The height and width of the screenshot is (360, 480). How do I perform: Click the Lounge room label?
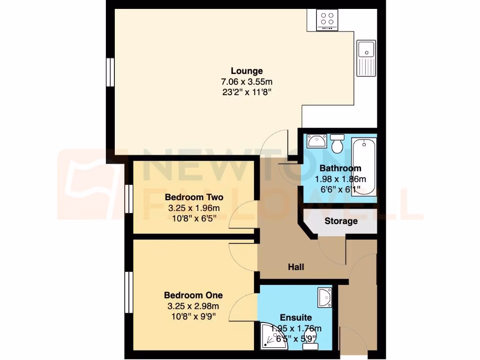tap(247, 71)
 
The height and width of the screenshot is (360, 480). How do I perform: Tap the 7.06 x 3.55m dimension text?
tap(247, 82)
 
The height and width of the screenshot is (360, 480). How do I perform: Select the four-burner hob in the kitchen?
tap(328, 19)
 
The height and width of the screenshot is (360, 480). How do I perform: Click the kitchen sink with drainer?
tap(366, 58)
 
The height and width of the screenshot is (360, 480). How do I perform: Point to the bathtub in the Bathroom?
tap(364, 166)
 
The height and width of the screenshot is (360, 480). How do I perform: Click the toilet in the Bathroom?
tap(337, 143)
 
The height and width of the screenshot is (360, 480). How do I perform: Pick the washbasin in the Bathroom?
tap(316, 141)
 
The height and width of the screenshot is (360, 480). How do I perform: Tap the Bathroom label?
tap(340, 168)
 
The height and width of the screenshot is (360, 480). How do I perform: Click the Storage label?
tap(341, 221)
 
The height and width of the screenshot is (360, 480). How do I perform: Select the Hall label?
tap(296, 267)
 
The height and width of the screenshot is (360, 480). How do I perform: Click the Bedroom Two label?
tap(194, 197)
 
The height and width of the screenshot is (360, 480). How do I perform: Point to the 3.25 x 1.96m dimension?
tap(194, 208)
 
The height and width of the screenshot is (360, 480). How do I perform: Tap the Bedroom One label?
tap(193, 295)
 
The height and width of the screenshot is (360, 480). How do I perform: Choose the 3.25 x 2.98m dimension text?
tap(193, 306)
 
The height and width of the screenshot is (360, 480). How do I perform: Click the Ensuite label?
tap(296, 318)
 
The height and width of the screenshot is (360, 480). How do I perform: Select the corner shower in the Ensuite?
tap(271, 336)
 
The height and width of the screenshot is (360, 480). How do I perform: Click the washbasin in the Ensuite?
tap(324, 298)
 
